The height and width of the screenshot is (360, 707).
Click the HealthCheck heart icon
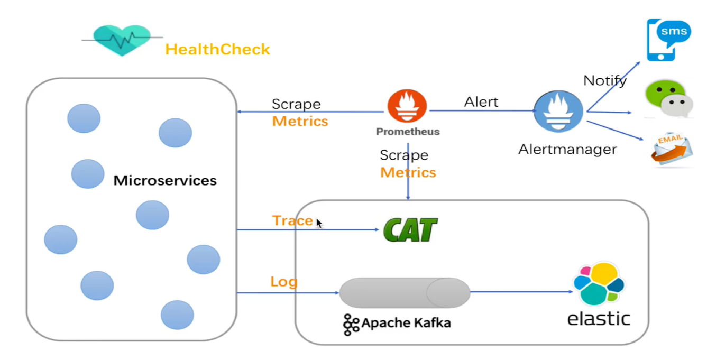pos(122,40)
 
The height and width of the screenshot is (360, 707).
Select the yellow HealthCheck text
pos(217,50)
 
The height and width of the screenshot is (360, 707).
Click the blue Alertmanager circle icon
pos(558,111)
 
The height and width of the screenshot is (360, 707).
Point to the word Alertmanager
pos(567,150)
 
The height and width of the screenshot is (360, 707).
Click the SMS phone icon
pos(667,39)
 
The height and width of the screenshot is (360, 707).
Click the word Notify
pos(605,81)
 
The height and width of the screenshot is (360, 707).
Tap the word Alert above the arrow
pos(481,102)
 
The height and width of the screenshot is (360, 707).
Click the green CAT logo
pos(410,230)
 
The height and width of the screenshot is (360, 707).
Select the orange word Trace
pos(292,220)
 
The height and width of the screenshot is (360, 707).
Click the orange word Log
pos(283,282)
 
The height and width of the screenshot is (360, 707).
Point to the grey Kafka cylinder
pos(405,292)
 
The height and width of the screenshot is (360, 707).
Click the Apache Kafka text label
pos(406,322)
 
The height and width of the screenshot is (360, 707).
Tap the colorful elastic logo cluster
pos(599,284)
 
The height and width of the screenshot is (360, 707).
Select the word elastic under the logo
pos(599,319)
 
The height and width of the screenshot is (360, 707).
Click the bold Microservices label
pos(165,181)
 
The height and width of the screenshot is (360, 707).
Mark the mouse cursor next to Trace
pos(319,223)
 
